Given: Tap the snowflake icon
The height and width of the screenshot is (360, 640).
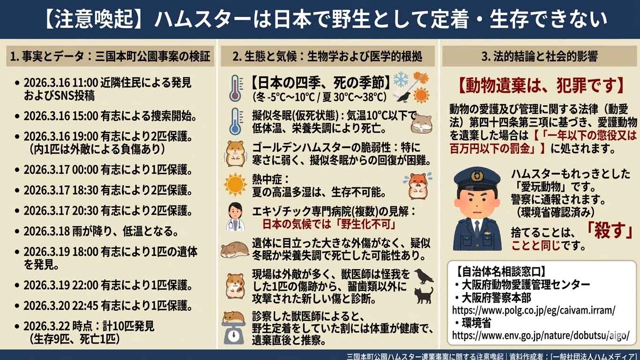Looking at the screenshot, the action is [401, 79].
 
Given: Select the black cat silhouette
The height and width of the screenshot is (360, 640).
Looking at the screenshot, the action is [424, 295].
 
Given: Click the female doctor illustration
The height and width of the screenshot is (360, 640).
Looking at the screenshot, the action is [235, 217].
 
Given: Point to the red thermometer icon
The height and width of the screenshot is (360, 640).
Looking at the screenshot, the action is [236, 88].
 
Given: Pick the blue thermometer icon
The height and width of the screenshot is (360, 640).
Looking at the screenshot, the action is [236, 121].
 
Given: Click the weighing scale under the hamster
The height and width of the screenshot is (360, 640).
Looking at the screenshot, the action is [233, 333].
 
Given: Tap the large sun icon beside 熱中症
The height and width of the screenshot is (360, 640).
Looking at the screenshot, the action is [235, 184].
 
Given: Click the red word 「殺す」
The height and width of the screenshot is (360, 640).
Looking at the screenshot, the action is [609, 231].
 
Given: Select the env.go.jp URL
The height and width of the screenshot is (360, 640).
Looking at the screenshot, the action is [541, 335].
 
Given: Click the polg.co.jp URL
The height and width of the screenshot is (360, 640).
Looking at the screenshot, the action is [534, 310].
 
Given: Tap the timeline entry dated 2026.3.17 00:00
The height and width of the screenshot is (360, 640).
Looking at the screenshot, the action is [108, 170].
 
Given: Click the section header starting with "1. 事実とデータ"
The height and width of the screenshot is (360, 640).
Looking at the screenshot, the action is [110, 56].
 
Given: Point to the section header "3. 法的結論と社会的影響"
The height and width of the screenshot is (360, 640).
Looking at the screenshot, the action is [539, 56].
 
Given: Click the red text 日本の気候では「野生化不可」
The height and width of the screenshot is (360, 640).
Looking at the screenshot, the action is [329, 224].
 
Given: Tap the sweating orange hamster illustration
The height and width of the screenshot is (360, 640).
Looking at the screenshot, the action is [418, 186].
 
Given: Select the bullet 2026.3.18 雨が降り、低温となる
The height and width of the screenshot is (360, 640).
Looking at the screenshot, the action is [101, 231].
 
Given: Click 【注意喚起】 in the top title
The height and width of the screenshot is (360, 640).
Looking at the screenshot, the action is [93, 19].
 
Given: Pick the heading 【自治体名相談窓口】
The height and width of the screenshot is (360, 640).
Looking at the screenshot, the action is [500, 271].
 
